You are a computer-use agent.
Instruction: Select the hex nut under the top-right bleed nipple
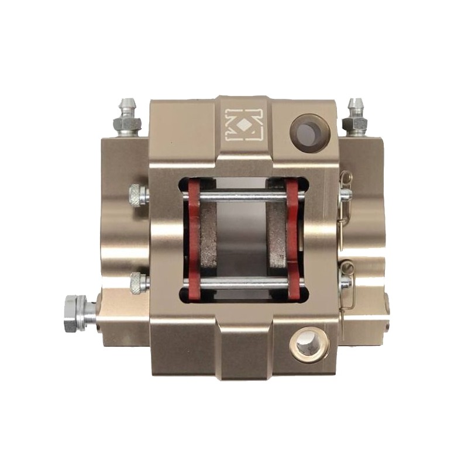coord(354,123)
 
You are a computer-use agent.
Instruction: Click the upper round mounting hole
coord(309,133)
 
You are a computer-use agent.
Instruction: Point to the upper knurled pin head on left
coord(136,195)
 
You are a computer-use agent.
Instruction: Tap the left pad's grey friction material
coord(207,240)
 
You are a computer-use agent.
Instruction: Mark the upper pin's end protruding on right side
coord(345,195)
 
